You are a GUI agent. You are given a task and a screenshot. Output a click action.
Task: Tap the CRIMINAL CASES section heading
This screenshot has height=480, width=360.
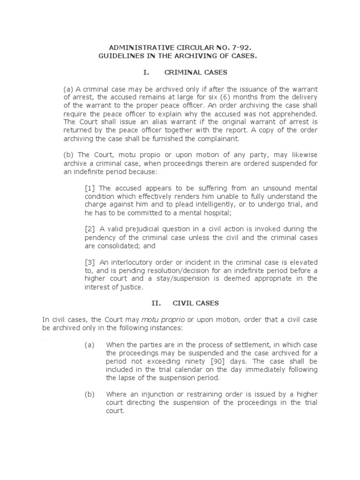click(195, 73)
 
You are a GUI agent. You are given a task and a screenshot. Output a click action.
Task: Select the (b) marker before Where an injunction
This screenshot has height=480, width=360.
click(89, 394)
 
